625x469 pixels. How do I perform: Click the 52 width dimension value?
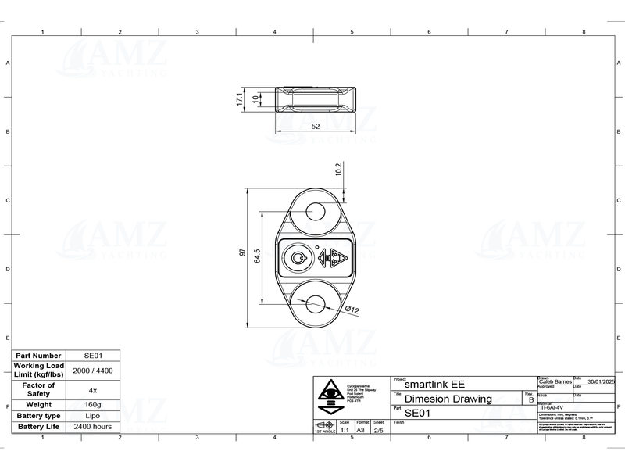coord(315,126)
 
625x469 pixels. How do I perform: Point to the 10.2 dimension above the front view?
coord(338,170)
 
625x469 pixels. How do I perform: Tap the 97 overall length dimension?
coord(243,253)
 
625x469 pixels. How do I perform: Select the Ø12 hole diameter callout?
coord(352,310)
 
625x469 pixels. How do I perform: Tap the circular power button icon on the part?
coord(298,257)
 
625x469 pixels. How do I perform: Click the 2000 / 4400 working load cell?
coord(93,371)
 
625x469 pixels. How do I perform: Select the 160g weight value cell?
coord(93,404)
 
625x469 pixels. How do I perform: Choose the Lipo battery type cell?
coord(93,416)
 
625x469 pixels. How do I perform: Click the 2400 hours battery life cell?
coord(93,428)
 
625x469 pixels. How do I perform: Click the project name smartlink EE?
coord(434,385)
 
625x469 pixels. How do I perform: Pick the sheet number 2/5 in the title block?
coord(378,430)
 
